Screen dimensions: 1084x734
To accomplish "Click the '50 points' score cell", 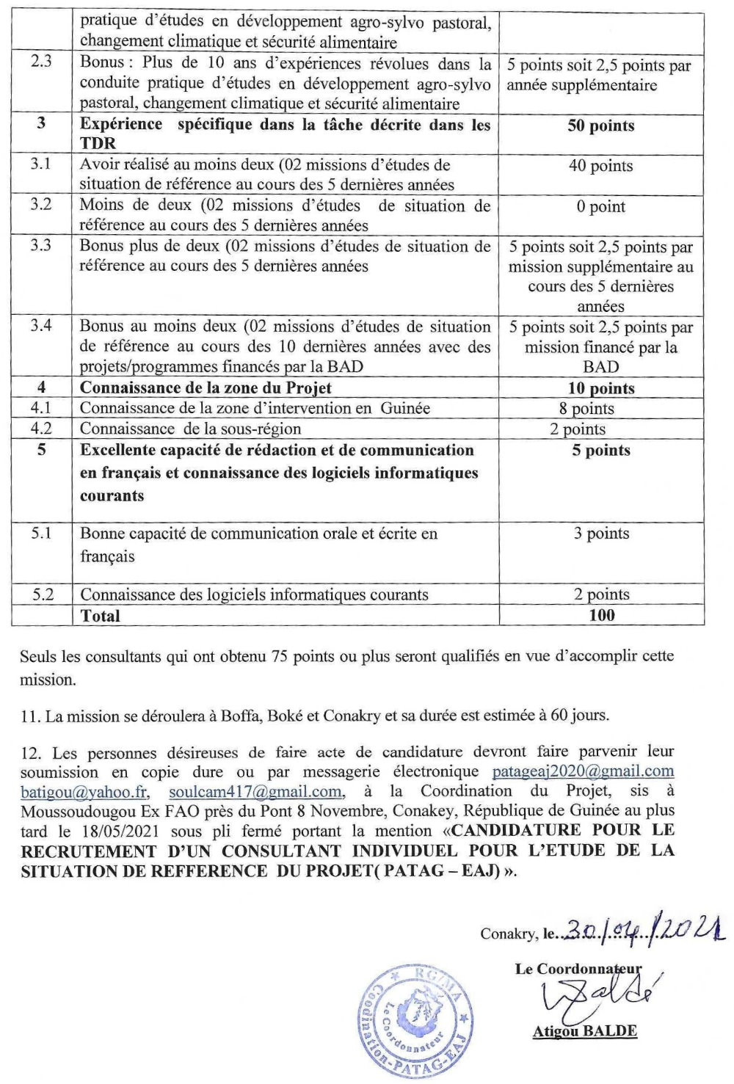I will point(600,126).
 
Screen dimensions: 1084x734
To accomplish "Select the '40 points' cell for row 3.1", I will point(600,166).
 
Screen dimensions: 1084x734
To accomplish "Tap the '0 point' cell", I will point(600,207).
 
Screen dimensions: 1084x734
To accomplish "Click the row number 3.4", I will point(41,326).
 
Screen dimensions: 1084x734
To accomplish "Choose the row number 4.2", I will point(41,429).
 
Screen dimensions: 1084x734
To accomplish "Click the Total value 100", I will point(601,616).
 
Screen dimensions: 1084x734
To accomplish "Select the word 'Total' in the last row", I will point(101,616).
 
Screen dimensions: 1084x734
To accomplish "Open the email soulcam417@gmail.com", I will point(255,792).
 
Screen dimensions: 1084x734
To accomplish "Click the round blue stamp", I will point(412,1024).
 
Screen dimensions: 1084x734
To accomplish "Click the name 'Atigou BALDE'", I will point(584,1030).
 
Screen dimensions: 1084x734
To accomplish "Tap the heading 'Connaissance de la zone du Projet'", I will point(206,388).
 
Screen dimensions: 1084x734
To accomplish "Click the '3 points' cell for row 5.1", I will point(600,534).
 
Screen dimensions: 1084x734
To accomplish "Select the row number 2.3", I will point(41,65).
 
